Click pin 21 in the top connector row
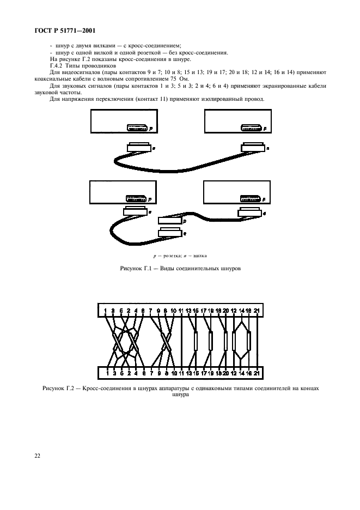tap(257, 310)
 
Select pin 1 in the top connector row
tap(105, 310)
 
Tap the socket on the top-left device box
tap(137, 128)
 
